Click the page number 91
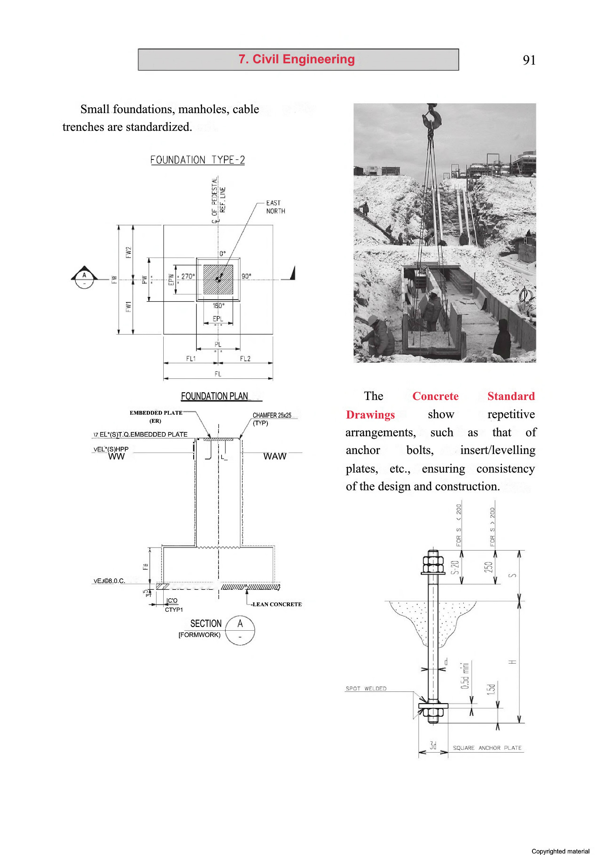[x=529, y=60]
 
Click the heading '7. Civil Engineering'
[x=297, y=59]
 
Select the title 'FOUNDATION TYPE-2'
[x=197, y=160]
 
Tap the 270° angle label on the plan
[x=188, y=276]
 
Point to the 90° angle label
[x=246, y=276]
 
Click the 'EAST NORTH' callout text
[x=275, y=207]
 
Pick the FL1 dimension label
[x=191, y=359]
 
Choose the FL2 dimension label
[x=245, y=359]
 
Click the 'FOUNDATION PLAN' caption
[x=214, y=396]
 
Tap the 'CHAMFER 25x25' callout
[x=272, y=416]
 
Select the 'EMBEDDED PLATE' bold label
[x=156, y=413]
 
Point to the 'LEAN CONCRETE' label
[x=277, y=604]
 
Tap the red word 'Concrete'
[x=435, y=396]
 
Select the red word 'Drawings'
[x=370, y=415]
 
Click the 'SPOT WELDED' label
[x=366, y=688]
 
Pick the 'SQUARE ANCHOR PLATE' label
[x=487, y=748]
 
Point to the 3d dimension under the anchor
[x=433, y=745]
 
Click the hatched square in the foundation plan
[x=218, y=279]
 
